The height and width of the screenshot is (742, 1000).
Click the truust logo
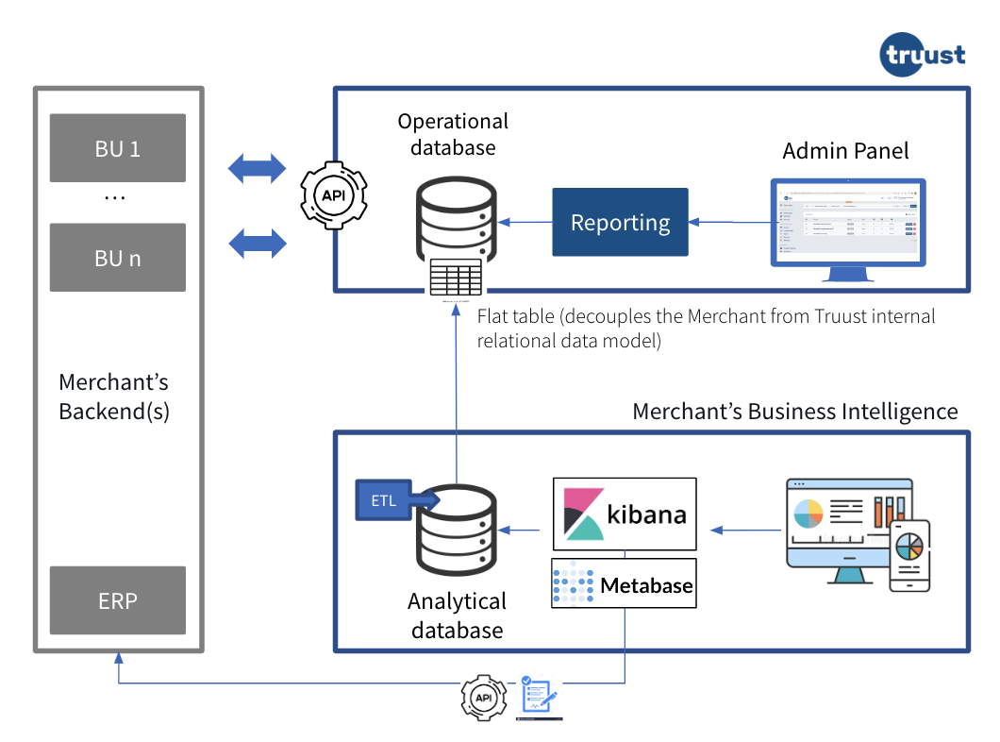[923, 54]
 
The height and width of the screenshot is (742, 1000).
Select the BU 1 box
[118, 148]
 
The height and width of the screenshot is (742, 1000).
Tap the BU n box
[118, 258]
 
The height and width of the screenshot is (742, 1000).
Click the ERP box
[118, 600]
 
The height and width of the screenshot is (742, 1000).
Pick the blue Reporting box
[620, 223]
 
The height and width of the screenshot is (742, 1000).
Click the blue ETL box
[383, 500]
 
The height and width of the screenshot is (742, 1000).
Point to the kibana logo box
[625, 514]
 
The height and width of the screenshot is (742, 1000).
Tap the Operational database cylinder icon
[456, 220]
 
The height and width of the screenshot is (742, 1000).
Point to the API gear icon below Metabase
[484, 699]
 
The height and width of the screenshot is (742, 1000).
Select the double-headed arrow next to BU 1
[257, 169]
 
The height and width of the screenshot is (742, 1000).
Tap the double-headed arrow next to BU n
[257, 243]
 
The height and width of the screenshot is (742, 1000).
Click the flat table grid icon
[456, 278]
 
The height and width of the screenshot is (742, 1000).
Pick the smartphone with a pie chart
[908, 555]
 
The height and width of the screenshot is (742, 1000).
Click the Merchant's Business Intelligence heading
[794, 412]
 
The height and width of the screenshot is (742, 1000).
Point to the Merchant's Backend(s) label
[114, 396]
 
